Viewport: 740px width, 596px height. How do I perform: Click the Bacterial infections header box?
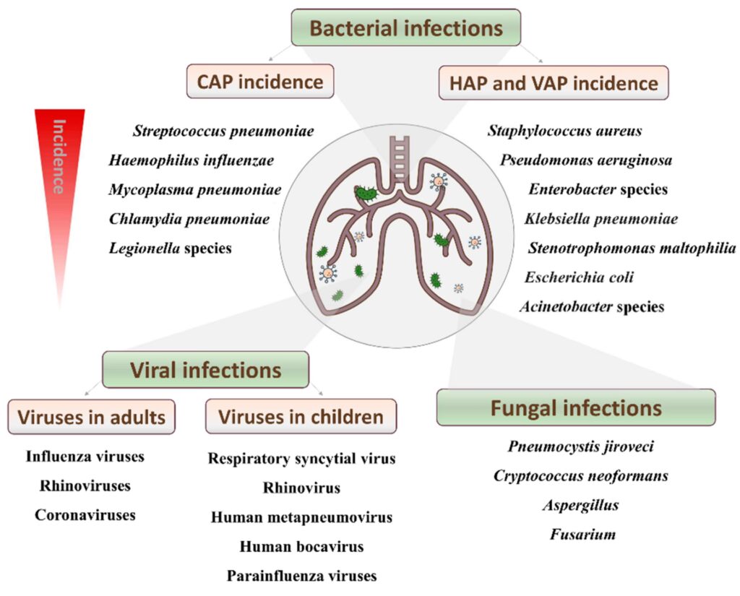click(x=405, y=28)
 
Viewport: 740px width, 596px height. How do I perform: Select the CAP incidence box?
click(x=261, y=81)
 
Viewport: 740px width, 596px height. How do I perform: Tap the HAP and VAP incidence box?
click(x=553, y=82)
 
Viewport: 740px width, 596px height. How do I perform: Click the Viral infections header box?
click(x=205, y=371)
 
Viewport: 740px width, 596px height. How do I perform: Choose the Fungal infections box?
click(x=576, y=408)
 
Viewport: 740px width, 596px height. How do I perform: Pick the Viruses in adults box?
click(x=92, y=417)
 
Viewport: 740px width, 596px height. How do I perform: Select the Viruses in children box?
click(x=301, y=417)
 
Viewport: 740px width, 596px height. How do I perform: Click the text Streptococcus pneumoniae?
click(x=223, y=131)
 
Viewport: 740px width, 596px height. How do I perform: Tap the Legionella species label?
click(x=171, y=248)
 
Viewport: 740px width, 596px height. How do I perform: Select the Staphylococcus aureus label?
click(x=564, y=131)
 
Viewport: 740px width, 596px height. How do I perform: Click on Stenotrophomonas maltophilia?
click(x=632, y=249)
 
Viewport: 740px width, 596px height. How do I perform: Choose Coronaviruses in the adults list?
click(x=85, y=515)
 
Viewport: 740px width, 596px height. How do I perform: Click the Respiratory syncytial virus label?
click(x=301, y=459)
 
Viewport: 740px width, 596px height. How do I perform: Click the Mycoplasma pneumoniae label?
click(x=195, y=190)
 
